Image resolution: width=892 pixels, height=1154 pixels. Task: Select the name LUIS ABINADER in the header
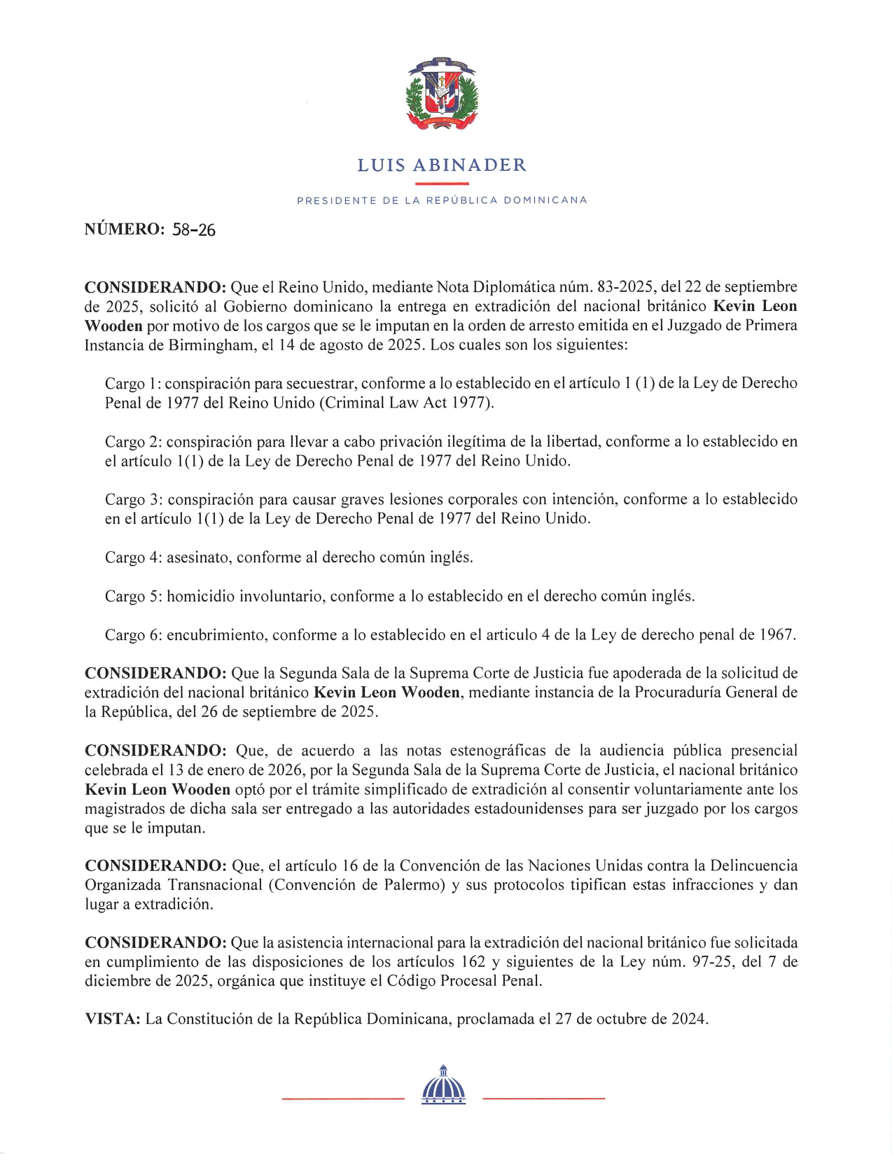point(442,165)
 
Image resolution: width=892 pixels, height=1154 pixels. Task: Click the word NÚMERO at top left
point(123,229)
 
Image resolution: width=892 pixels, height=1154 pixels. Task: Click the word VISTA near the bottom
point(113,1019)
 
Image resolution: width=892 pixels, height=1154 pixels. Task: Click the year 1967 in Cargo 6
point(776,635)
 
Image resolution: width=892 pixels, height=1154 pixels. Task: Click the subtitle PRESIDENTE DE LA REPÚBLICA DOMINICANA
point(442,200)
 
